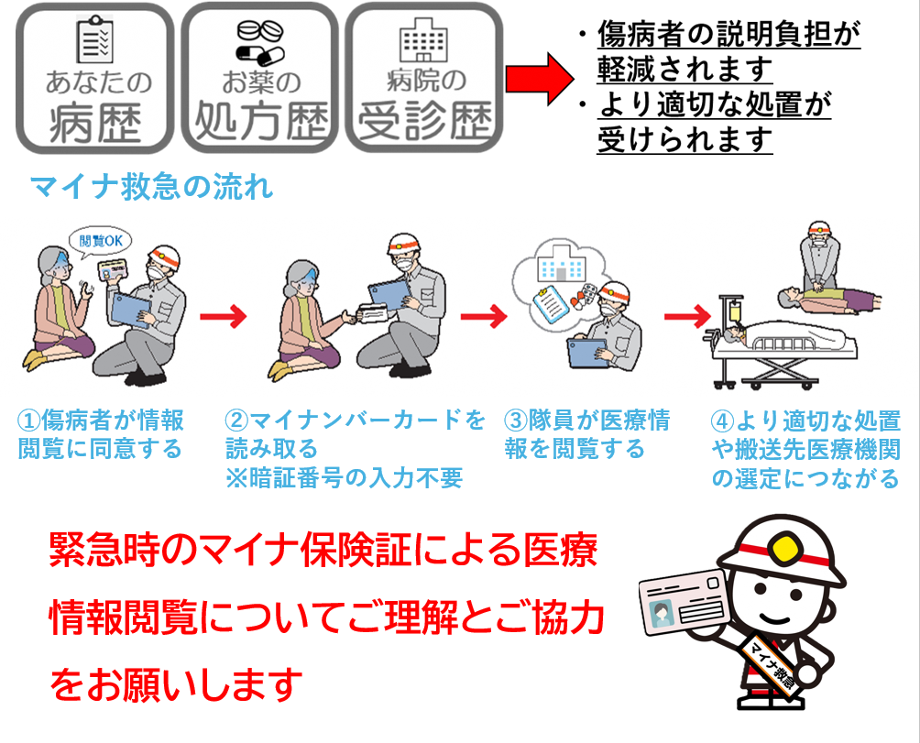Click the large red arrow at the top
tap(538, 76)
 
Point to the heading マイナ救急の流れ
tap(152, 188)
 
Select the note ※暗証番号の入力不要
tap(345, 478)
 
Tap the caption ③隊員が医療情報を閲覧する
tap(586, 434)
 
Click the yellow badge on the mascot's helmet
tap(782, 548)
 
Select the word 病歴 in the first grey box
tap(96, 123)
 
